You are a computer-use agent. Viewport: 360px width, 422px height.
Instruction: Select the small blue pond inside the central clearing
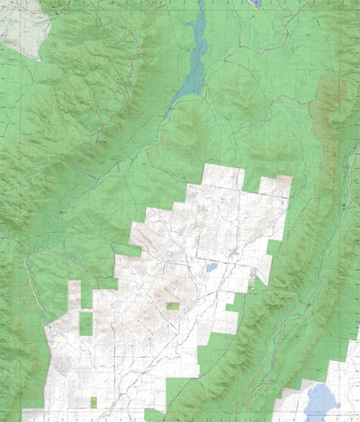(211, 267)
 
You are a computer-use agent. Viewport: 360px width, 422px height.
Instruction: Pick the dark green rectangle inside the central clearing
(172, 306)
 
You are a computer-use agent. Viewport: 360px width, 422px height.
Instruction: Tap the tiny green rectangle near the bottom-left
(94, 400)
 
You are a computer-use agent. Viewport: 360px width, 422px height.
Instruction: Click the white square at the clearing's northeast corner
(275, 186)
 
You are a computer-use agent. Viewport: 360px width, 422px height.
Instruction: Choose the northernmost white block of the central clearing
(223, 175)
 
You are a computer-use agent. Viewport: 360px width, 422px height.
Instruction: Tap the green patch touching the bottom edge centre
(155, 415)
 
